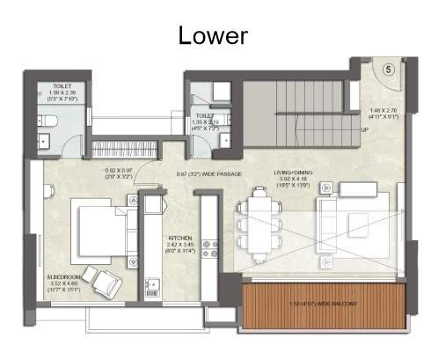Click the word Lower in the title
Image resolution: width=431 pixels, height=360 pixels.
(x=213, y=35)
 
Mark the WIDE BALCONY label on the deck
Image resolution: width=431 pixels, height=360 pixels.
(x=324, y=304)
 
